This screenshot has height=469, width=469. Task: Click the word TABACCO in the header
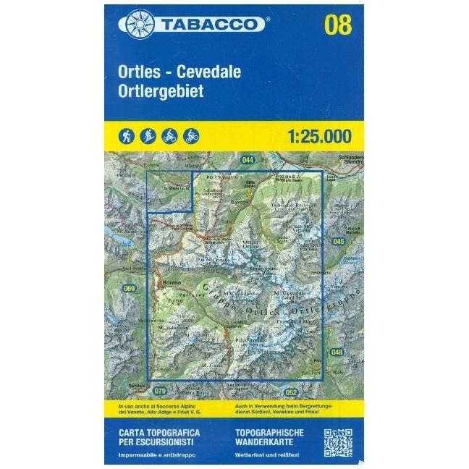(x=206, y=25)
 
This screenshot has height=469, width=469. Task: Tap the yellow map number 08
(x=338, y=25)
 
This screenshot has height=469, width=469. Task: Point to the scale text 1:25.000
(x=318, y=135)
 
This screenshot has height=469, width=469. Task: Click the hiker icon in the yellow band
(x=127, y=135)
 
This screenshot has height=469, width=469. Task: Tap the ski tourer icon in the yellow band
(x=148, y=135)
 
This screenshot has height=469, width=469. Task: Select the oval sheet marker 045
(x=339, y=240)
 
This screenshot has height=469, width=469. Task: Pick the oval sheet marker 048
(x=337, y=352)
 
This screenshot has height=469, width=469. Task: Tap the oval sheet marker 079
(x=160, y=392)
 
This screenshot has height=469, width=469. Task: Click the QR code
(x=337, y=443)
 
